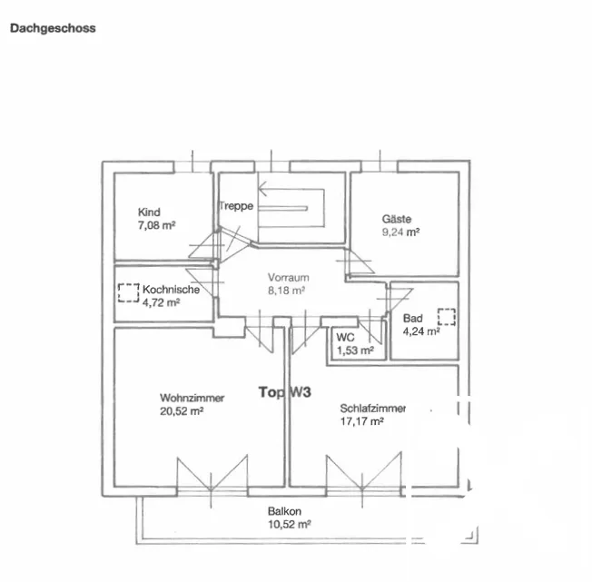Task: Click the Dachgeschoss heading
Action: (53, 29)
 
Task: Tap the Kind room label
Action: (149, 212)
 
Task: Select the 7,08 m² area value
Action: (157, 225)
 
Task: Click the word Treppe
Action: (236, 206)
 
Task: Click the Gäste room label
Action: (397, 219)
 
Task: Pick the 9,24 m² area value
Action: (400, 232)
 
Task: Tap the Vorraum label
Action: (289, 278)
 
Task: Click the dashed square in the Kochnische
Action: (129, 293)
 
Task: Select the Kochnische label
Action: (171, 290)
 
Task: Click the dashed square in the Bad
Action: (447, 317)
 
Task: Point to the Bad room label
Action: (412, 318)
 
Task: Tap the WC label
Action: (345, 337)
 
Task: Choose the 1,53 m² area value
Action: (355, 350)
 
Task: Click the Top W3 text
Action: (285, 392)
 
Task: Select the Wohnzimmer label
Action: (192, 398)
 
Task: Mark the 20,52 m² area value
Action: (182, 411)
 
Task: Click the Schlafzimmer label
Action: (373, 409)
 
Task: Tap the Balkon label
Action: (285, 511)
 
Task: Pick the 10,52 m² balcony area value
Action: (290, 524)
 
